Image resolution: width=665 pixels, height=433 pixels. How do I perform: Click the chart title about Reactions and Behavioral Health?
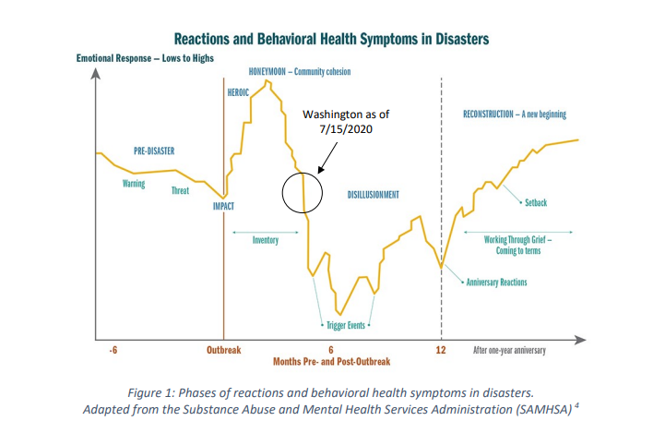[x=331, y=39]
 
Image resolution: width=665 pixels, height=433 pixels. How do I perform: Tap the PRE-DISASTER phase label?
[x=154, y=151]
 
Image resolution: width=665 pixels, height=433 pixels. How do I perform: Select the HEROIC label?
[x=238, y=92]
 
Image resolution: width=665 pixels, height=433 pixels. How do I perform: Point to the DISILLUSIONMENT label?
[x=374, y=195]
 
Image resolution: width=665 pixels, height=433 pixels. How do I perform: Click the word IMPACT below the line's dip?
[x=223, y=206]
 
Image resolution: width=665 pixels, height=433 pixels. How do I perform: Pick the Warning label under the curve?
[x=134, y=184]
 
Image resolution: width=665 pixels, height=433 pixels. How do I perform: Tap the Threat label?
[x=180, y=190]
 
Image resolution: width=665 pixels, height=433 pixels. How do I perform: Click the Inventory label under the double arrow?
[x=266, y=240]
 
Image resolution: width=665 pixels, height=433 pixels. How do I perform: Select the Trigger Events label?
[x=346, y=326]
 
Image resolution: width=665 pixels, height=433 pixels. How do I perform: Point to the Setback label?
[x=536, y=203]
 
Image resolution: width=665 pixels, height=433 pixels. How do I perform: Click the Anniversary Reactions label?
[x=496, y=283]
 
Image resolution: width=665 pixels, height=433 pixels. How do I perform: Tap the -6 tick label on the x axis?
[x=113, y=350]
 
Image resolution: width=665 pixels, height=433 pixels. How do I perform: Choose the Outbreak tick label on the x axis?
[x=224, y=350]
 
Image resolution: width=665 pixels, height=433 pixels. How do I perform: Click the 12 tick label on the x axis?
[x=441, y=350]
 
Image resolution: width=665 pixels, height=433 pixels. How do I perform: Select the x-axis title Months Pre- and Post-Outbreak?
[x=332, y=362]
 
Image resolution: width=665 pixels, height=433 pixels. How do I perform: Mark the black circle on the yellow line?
[x=282, y=193]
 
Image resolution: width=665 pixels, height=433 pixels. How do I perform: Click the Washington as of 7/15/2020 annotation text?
[x=346, y=122]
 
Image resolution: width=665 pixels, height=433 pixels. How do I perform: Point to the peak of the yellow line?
[x=267, y=80]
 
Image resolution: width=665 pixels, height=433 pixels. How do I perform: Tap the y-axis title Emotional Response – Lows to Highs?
[x=145, y=58]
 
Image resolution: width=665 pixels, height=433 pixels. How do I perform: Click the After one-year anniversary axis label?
[x=509, y=350]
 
